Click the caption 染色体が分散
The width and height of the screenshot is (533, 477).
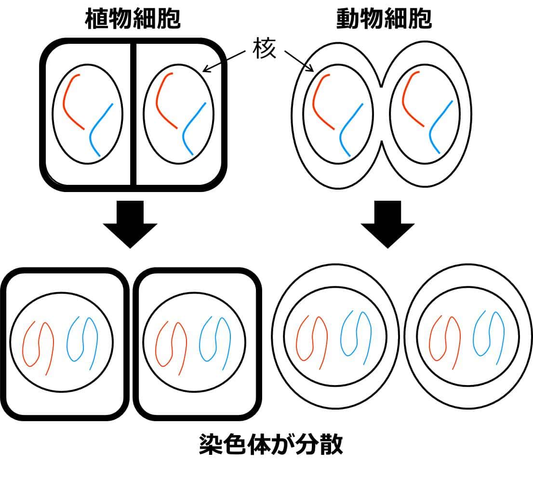(x=270, y=445)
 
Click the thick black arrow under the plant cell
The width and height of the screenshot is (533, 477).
(x=130, y=224)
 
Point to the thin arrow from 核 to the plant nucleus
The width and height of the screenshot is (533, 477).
(x=227, y=61)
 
